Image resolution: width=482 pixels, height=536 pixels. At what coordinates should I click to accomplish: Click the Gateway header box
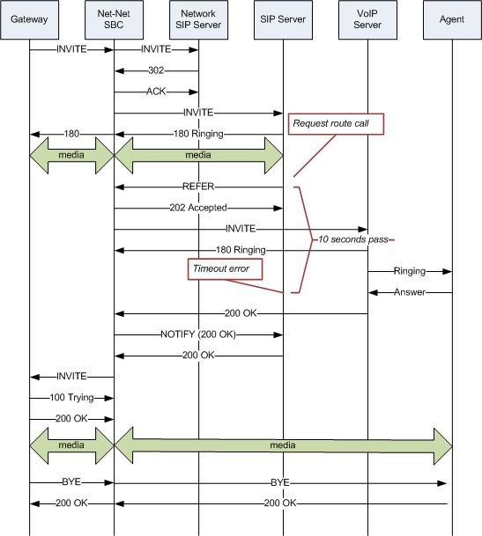click(x=30, y=19)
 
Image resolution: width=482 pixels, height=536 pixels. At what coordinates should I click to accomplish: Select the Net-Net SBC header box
click(x=114, y=19)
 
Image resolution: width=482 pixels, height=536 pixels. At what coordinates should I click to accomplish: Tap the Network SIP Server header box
click(x=197, y=19)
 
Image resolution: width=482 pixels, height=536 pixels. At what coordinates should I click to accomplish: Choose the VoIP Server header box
click(x=367, y=19)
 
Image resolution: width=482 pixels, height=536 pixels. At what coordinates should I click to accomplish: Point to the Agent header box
click(x=451, y=19)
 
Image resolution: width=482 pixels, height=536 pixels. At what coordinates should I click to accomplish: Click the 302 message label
click(x=156, y=71)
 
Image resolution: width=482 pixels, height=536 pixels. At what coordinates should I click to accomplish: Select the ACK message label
click(x=156, y=92)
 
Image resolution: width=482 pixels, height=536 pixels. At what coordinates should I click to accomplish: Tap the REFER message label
click(x=197, y=187)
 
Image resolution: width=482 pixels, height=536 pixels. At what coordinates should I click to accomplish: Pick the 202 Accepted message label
click(x=197, y=209)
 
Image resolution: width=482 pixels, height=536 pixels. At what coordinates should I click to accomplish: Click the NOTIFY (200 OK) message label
click(x=197, y=334)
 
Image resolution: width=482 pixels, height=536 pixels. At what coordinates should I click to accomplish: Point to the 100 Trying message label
click(x=71, y=398)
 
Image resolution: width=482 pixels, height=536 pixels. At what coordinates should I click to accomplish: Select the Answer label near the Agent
click(x=409, y=292)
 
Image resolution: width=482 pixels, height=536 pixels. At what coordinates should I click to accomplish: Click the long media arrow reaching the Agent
click(x=283, y=445)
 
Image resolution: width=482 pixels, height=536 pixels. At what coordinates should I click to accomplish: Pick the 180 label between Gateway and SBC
click(x=71, y=134)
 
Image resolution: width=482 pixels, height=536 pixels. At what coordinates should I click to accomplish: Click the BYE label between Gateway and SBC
click(x=71, y=482)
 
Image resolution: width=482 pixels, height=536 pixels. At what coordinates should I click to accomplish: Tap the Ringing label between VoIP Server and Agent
click(x=409, y=271)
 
